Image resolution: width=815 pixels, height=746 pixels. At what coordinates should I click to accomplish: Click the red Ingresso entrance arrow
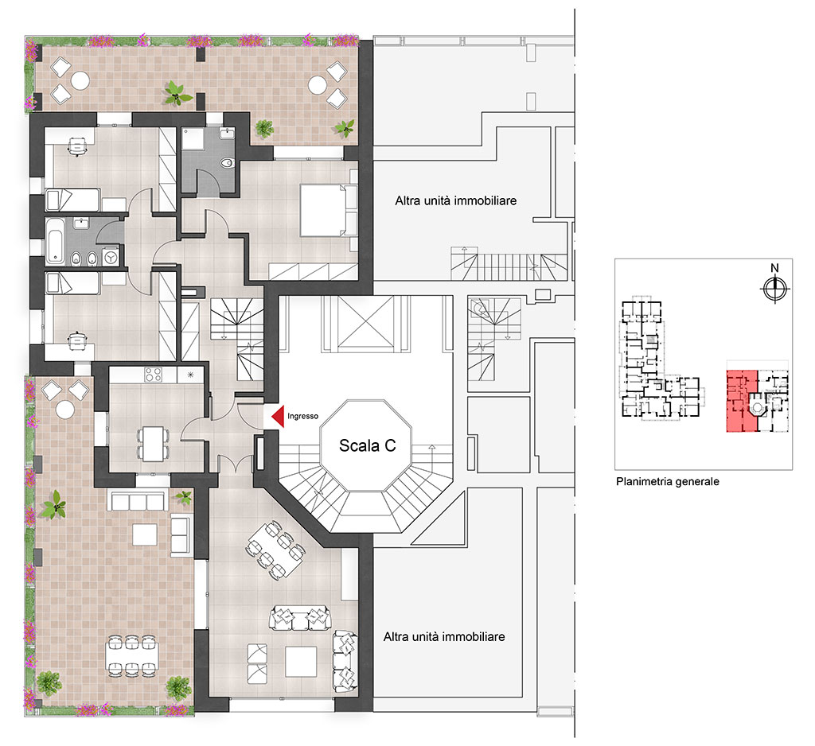click(x=279, y=416)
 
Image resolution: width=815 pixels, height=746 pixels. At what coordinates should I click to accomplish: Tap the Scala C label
click(x=368, y=445)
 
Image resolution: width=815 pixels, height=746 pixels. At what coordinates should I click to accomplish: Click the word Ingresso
click(x=302, y=416)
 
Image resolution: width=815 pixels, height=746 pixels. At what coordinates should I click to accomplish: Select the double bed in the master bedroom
click(x=322, y=210)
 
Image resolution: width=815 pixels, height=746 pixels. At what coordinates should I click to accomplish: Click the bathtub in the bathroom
click(x=55, y=241)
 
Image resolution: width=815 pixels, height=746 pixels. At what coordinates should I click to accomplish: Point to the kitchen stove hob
click(x=153, y=375)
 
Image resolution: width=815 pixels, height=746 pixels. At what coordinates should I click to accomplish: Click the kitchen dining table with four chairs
click(x=153, y=444)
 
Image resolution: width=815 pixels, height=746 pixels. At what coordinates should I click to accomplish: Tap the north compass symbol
click(x=774, y=289)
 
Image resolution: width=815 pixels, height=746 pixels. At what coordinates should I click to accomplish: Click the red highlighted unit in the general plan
click(x=743, y=401)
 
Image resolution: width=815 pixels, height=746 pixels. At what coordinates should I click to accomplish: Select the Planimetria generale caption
click(x=668, y=482)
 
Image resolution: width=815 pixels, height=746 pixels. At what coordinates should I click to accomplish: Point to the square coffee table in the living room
click(x=300, y=662)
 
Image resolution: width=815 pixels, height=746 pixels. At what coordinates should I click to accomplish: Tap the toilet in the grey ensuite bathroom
click(x=227, y=164)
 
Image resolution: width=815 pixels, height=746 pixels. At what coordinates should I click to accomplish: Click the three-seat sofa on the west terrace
click(x=138, y=501)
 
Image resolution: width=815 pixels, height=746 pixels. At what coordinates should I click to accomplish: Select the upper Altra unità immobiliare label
click(x=456, y=200)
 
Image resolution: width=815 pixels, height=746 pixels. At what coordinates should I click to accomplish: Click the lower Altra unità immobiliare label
click(x=444, y=636)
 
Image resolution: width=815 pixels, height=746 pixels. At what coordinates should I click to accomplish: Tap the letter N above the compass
click(x=774, y=268)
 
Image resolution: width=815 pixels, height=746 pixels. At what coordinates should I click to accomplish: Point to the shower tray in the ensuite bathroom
click(x=193, y=139)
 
